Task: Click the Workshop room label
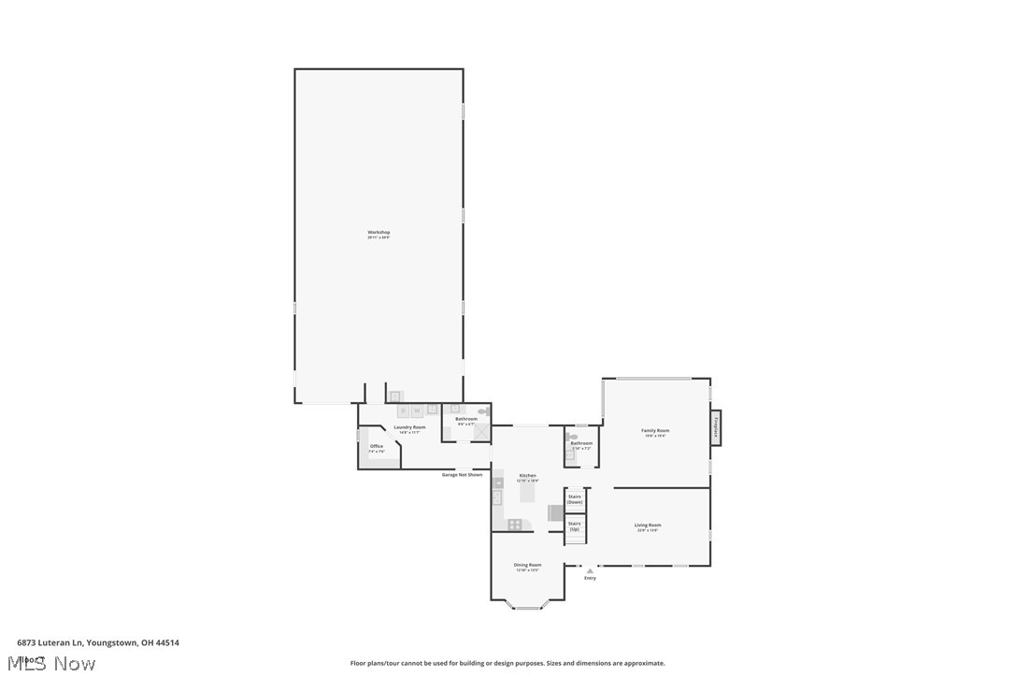tap(379, 232)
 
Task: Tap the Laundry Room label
tap(409, 427)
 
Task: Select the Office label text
tap(377, 446)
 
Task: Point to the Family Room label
tap(655, 431)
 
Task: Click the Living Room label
tap(648, 526)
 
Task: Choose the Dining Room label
tap(527, 565)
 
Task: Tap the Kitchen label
tap(528, 476)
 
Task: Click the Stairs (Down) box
tap(575, 499)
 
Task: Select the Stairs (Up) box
tap(575, 526)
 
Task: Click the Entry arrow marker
tap(590, 570)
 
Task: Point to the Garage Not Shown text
tap(462, 475)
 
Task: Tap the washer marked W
tap(418, 411)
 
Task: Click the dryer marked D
tap(404, 411)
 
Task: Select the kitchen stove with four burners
tap(514, 525)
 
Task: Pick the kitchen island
tap(528, 489)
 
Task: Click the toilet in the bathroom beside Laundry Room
tap(482, 411)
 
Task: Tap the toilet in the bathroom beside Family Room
tap(572, 436)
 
